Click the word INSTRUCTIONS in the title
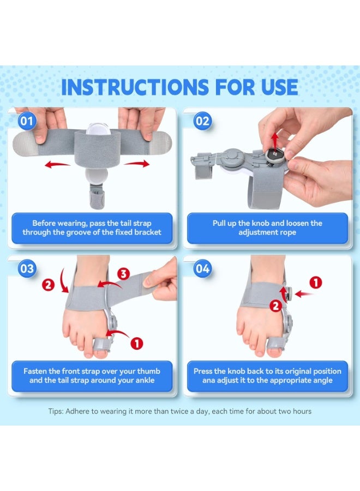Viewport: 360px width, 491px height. (x=135, y=87)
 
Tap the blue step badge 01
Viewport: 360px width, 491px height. (x=27, y=121)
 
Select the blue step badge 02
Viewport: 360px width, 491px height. (x=202, y=121)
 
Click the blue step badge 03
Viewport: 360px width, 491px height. (x=27, y=268)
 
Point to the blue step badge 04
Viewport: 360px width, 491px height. (x=202, y=268)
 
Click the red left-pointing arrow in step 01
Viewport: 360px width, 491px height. (x=57, y=164)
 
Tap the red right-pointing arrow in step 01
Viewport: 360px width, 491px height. (x=137, y=164)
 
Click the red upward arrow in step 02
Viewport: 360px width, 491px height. (x=275, y=140)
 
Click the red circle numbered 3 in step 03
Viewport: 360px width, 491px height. (x=123, y=273)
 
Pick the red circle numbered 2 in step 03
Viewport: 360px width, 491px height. (x=48, y=285)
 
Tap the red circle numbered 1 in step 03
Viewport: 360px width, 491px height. (x=136, y=343)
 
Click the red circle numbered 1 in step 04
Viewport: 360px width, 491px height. (x=316, y=283)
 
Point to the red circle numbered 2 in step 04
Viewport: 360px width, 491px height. (x=276, y=306)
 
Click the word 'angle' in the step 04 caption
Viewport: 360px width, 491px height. (x=322, y=380)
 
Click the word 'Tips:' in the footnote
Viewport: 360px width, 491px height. (x=56, y=411)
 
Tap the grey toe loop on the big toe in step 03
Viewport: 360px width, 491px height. (x=102, y=345)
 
